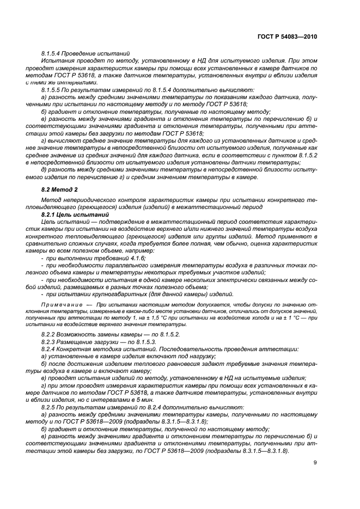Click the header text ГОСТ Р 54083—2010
click(287, 36)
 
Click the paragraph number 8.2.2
click(51, 333)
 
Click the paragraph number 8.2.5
click(51, 407)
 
